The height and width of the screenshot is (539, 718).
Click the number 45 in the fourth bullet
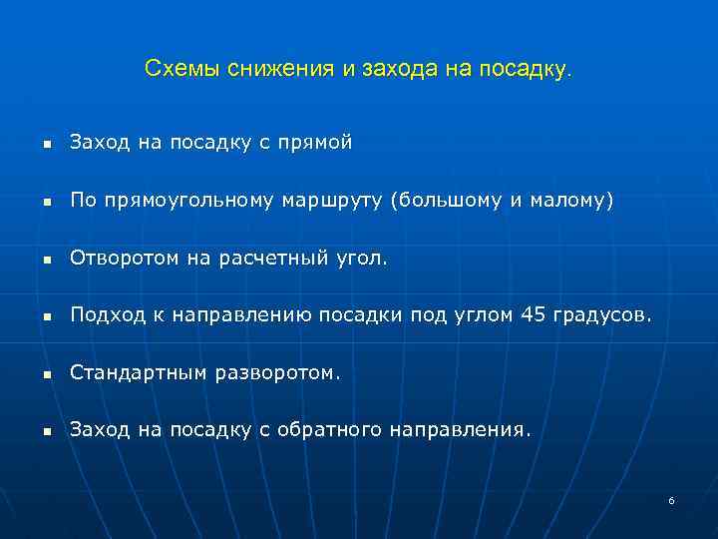click(534, 316)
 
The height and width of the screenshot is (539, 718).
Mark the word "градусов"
click(601, 316)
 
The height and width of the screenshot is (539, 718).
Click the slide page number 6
click(671, 500)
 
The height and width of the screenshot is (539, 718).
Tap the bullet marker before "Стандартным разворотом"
click(45, 376)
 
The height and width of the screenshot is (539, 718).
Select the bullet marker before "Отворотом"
click(45, 261)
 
